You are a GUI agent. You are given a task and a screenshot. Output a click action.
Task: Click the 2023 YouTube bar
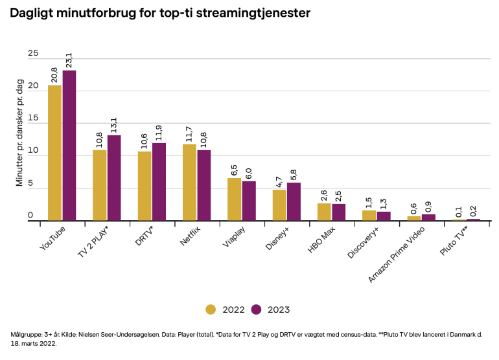pos(69,146)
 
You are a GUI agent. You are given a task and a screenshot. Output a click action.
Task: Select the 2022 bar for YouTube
pos(55,153)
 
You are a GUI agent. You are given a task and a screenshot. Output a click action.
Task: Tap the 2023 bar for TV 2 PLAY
pos(114,178)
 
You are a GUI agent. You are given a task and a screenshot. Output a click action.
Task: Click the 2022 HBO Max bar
pos(324,212)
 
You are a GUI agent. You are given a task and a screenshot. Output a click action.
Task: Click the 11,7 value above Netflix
pos(189,134)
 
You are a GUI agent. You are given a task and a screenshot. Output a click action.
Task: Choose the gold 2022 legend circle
pos(211,309)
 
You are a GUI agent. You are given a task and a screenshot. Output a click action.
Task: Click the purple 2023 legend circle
pos(257,309)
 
